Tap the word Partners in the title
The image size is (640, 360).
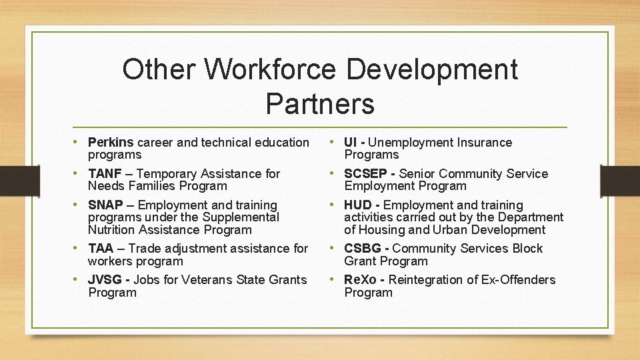tap(320, 103)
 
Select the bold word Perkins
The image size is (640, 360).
tap(111, 143)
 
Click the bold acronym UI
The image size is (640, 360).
tap(351, 143)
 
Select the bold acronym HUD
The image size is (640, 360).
tap(358, 205)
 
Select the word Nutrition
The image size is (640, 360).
tap(111, 230)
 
